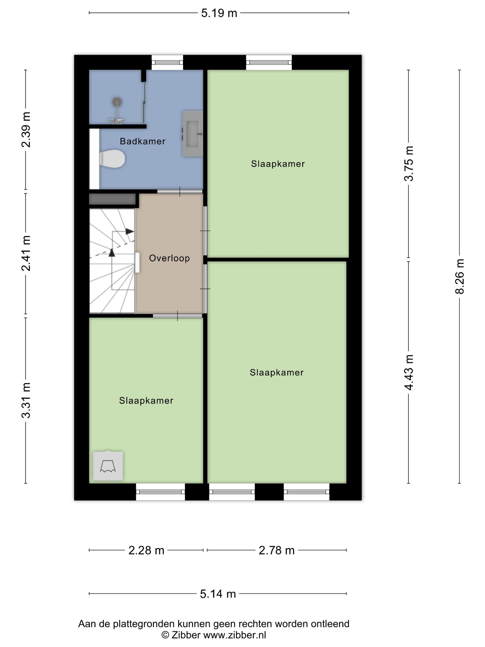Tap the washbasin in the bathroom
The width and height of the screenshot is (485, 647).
[193, 134]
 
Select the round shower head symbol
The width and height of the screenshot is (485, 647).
[117, 102]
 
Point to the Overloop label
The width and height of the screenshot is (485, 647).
[169, 258]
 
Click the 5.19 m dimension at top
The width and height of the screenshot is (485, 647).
[219, 13]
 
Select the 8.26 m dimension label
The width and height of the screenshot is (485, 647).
[459, 276]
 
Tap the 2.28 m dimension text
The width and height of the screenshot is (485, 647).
[146, 550]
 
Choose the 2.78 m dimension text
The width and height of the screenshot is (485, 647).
[276, 550]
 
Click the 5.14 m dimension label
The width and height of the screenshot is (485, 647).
[218, 594]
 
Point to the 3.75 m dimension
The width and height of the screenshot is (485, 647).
[409, 164]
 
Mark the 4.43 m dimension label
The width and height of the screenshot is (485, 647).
[409, 372]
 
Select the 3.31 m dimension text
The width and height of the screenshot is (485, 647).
[26, 400]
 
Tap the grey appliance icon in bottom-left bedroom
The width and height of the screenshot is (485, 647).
[108, 466]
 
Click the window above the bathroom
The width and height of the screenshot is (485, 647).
[167, 62]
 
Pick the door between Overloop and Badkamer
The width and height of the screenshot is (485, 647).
[179, 191]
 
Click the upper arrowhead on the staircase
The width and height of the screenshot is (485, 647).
[130, 231]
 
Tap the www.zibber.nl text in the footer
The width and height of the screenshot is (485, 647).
[234, 635]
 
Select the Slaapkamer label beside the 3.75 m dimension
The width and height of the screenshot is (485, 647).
[278, 164]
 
